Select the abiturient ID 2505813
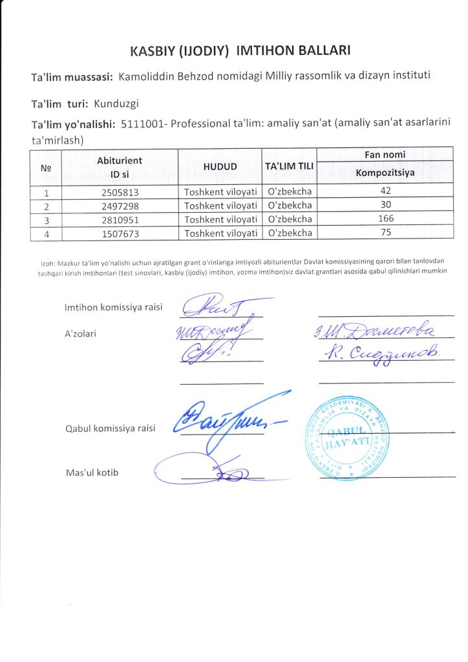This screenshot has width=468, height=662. [x=120, y=191]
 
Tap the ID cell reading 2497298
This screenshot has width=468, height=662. [x=120, y=206]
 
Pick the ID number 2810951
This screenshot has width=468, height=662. [x=120, y=220]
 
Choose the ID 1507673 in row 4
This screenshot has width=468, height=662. [x=120, y=233]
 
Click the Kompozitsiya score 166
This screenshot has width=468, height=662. [x=386, y=220]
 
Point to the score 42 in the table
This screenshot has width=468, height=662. [x=386, y=191]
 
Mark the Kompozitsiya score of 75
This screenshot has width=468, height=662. [x=386, y=233]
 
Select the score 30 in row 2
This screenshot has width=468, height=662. [x=386, y=206]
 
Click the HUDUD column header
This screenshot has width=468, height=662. [x=220, y=167]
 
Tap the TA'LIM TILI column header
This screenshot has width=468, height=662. [x=289, y=167]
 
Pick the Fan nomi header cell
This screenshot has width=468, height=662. [x=386, y=155]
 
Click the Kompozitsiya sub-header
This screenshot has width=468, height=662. [x=386, y=173]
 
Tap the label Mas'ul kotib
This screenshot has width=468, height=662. [x=92, y=473]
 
